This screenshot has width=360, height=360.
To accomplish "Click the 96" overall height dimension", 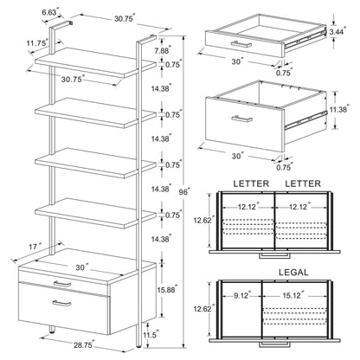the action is [183, 191].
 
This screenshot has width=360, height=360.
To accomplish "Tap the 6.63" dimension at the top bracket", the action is [50, 12].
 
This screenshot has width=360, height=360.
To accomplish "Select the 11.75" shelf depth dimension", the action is [38, 43].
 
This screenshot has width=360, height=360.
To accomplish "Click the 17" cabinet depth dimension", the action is [35, 247].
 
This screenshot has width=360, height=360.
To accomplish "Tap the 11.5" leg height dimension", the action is [151, 335].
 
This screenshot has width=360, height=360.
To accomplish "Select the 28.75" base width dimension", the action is [84, 345].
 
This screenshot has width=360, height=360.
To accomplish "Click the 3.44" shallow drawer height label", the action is [337, 31].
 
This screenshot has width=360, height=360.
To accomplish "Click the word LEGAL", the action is [293, 273].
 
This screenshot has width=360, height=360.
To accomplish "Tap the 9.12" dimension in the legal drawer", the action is [241, 295].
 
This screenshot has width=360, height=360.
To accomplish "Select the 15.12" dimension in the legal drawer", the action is [292, 295].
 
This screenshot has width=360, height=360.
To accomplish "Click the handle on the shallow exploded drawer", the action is [241, 44].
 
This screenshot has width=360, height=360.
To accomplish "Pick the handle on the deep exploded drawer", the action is [242, 119].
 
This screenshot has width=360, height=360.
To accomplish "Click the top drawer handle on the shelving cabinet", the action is [62, 284].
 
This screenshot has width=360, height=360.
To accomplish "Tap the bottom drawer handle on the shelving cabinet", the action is [62, 303].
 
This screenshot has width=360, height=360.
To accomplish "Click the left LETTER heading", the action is [251, 183].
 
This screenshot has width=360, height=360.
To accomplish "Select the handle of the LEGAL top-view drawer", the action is [274, 344].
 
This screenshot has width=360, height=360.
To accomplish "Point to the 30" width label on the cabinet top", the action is [80, 267].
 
